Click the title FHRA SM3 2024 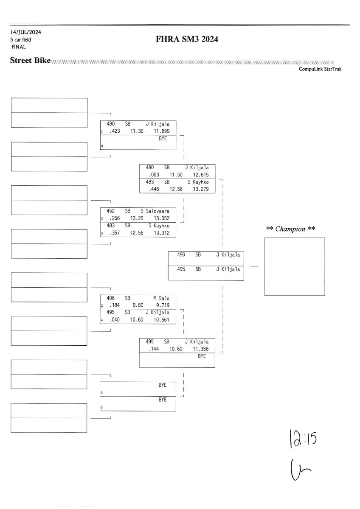[x=187, y=40]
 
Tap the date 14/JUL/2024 [x=26, y=32]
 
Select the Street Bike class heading [x=30, y=61]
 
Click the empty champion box [x=294, y=266]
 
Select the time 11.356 [x=201, y=349]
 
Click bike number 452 [x=110, y=210]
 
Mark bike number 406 [x=110, y=298]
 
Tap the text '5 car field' [x=21, y=39]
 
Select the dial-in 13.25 [x=138, y=218]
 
